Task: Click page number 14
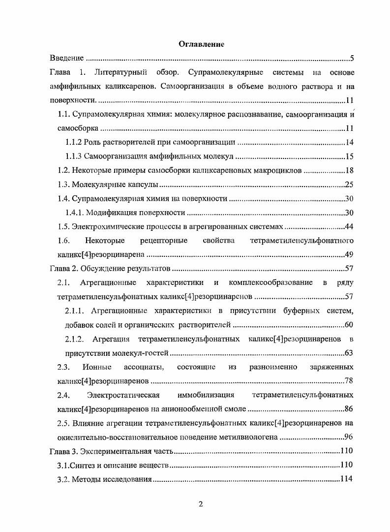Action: click(349, 143)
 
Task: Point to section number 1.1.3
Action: click(73, 157)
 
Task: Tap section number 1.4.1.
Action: click(75, 213)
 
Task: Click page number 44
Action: click(349, 227)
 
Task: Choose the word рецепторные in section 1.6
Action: click(163, 241)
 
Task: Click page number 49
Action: click(349, 255)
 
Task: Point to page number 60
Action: click(349, 325)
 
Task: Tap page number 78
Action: click(349, 381)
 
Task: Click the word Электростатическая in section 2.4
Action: click(124, 395)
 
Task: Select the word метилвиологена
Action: click(239, 437)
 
